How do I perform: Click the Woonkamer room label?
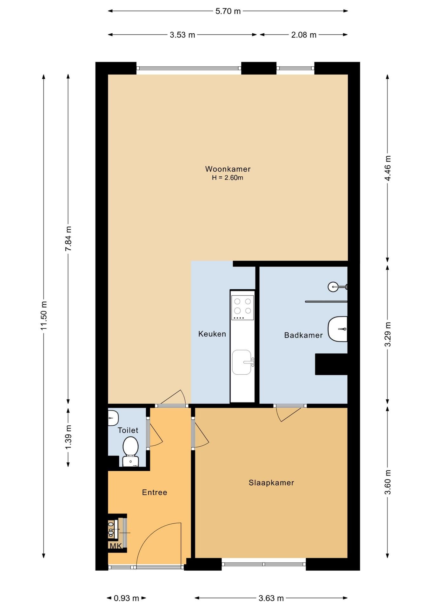pyautogui.click(x=228, y=169)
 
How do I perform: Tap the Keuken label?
pyautogui.click(x=212, y=334)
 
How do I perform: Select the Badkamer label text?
pyautogui.click(x=303, y=335)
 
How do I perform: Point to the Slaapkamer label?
pyautogui.click(x=271, y=483)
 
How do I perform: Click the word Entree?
pyautogui.click(x=154, y=492)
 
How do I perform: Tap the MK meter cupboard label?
pyautogui.click(x=116, y=546)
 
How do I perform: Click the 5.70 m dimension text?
pyautogui.click(x=228, y=11)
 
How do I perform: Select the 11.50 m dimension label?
pyautogui.click(x=44, y=316)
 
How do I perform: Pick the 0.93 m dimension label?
pyautogui.click(x=126, y=598)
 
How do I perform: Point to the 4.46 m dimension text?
pyautogui.click(x=388, y=168)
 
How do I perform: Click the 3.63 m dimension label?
pyautogui.click(x=271, y=598)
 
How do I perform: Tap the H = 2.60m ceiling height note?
pyautogui.click(x=228, y=178)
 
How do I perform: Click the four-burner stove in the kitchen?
pyautogui.click(x=242, y=307)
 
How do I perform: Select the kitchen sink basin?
pyautogui.click(x=242, y=362)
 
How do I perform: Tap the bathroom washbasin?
pyautogui.click(x=337, y=329)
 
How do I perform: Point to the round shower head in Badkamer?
pyautogui.click(x=333, y=287)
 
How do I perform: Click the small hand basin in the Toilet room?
pyautogui.click(x=113, y=418)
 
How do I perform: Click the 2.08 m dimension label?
pyautogui.click(x=304, y=35)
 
